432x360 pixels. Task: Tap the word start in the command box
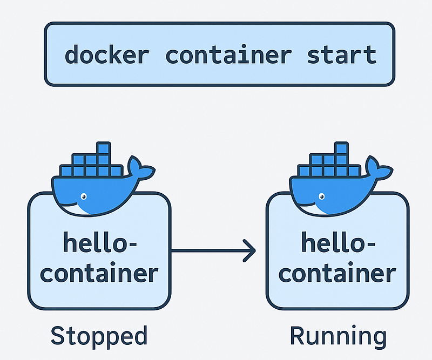(341, 55)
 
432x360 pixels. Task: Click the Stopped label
(99, 336)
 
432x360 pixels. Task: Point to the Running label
(338, 336)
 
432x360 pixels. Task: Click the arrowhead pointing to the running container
(249, 250)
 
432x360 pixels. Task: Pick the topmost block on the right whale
(341, 148)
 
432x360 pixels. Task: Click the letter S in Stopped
(58, 336)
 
